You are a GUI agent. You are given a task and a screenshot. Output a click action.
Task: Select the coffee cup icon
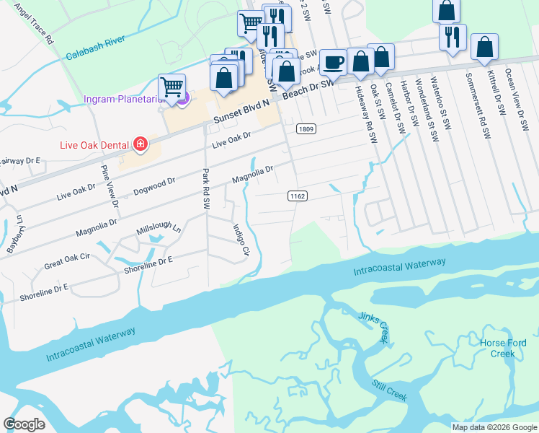click(x=332, y=63)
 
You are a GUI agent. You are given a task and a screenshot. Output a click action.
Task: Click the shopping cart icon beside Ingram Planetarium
click(x=171, y=88)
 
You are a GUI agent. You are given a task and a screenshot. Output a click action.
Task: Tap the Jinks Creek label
click(x=373, y=325)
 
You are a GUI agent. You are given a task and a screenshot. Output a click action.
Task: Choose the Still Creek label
click(x=390, y=391)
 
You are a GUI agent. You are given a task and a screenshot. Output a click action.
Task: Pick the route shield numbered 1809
click(x=306, y=128)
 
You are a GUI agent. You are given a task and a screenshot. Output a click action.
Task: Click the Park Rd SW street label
click(x=206, y=189)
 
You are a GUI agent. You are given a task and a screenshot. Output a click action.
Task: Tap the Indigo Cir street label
click(x=240, y=240)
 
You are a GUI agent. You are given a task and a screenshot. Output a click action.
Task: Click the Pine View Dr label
click(x=109, y=185)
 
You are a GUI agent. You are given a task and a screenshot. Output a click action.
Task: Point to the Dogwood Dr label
click(x=155, y=187)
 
